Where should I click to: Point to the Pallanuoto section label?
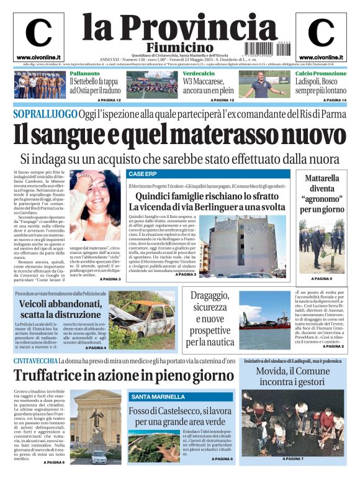tap(85, 73)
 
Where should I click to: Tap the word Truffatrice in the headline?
tap(53, 376)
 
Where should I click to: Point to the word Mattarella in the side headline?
tap(322, 178)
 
